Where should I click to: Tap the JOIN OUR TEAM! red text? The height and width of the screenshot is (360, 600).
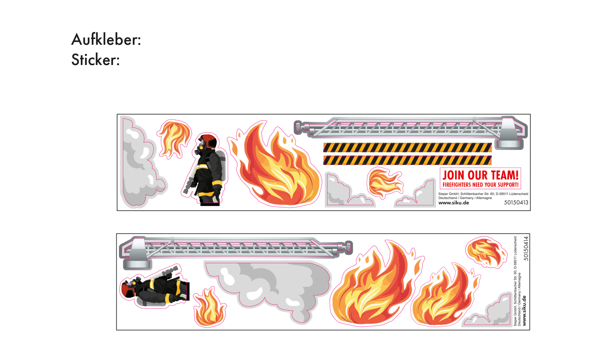pyautogui.click(x=480, y=175)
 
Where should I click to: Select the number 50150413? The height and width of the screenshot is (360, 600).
pyautogui.click(x=516, y=202)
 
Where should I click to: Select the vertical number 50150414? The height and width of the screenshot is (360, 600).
pyautogui.click(x=526, y=248)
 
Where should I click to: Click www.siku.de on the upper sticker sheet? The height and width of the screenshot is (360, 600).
pyautogui.click(x=454, y=203)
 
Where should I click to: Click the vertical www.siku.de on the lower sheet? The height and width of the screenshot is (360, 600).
pyautogui.click(x=524, y=310)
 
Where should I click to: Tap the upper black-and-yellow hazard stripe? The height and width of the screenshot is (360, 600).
pyautogui.click(x=407, y=147)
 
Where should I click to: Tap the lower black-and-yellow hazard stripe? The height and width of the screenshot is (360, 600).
pyautogui.click(x=407, y=160)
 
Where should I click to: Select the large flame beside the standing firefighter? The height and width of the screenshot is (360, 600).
pyautogui.click(x=277, y=169)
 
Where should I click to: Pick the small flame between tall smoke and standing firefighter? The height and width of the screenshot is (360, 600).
pyautogui.click(x=174, y=138)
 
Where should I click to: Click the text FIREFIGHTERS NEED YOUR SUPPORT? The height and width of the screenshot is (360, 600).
pyautogui.click(x=480, y=185)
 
